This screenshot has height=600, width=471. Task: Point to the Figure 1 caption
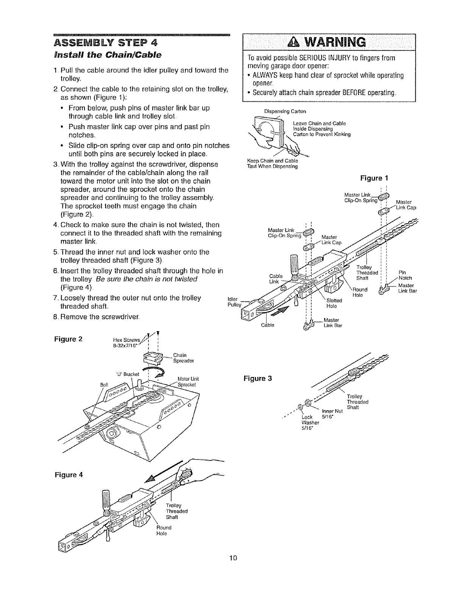point(373,178)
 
